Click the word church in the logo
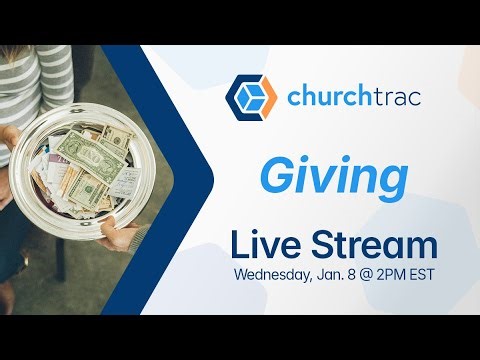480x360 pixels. [x=330, y=98]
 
